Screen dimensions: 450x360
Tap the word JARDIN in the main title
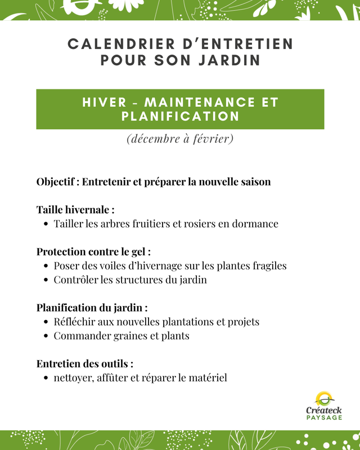click(x=230, y=60)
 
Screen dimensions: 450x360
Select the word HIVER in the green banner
click(x=104, y=102)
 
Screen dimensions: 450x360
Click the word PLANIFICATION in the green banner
click(x=181, y=116)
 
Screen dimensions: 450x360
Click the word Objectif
click(x=57, y=182)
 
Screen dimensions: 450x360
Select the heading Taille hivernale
click(x=75, y=210)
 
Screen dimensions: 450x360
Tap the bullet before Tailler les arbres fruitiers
click(x=45, y=224)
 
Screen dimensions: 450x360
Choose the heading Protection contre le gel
click(x=93, y=251)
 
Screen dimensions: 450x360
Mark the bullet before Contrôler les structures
click(x=45, y=280)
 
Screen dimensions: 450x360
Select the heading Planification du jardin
click(x=92, y=308)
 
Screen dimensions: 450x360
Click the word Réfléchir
click(x=75, y=322)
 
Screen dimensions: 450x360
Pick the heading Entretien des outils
click(x=84, y=364)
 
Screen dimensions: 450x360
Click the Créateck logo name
click(x=323, y=411)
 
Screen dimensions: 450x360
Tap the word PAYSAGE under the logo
click(x=324, y=418)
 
